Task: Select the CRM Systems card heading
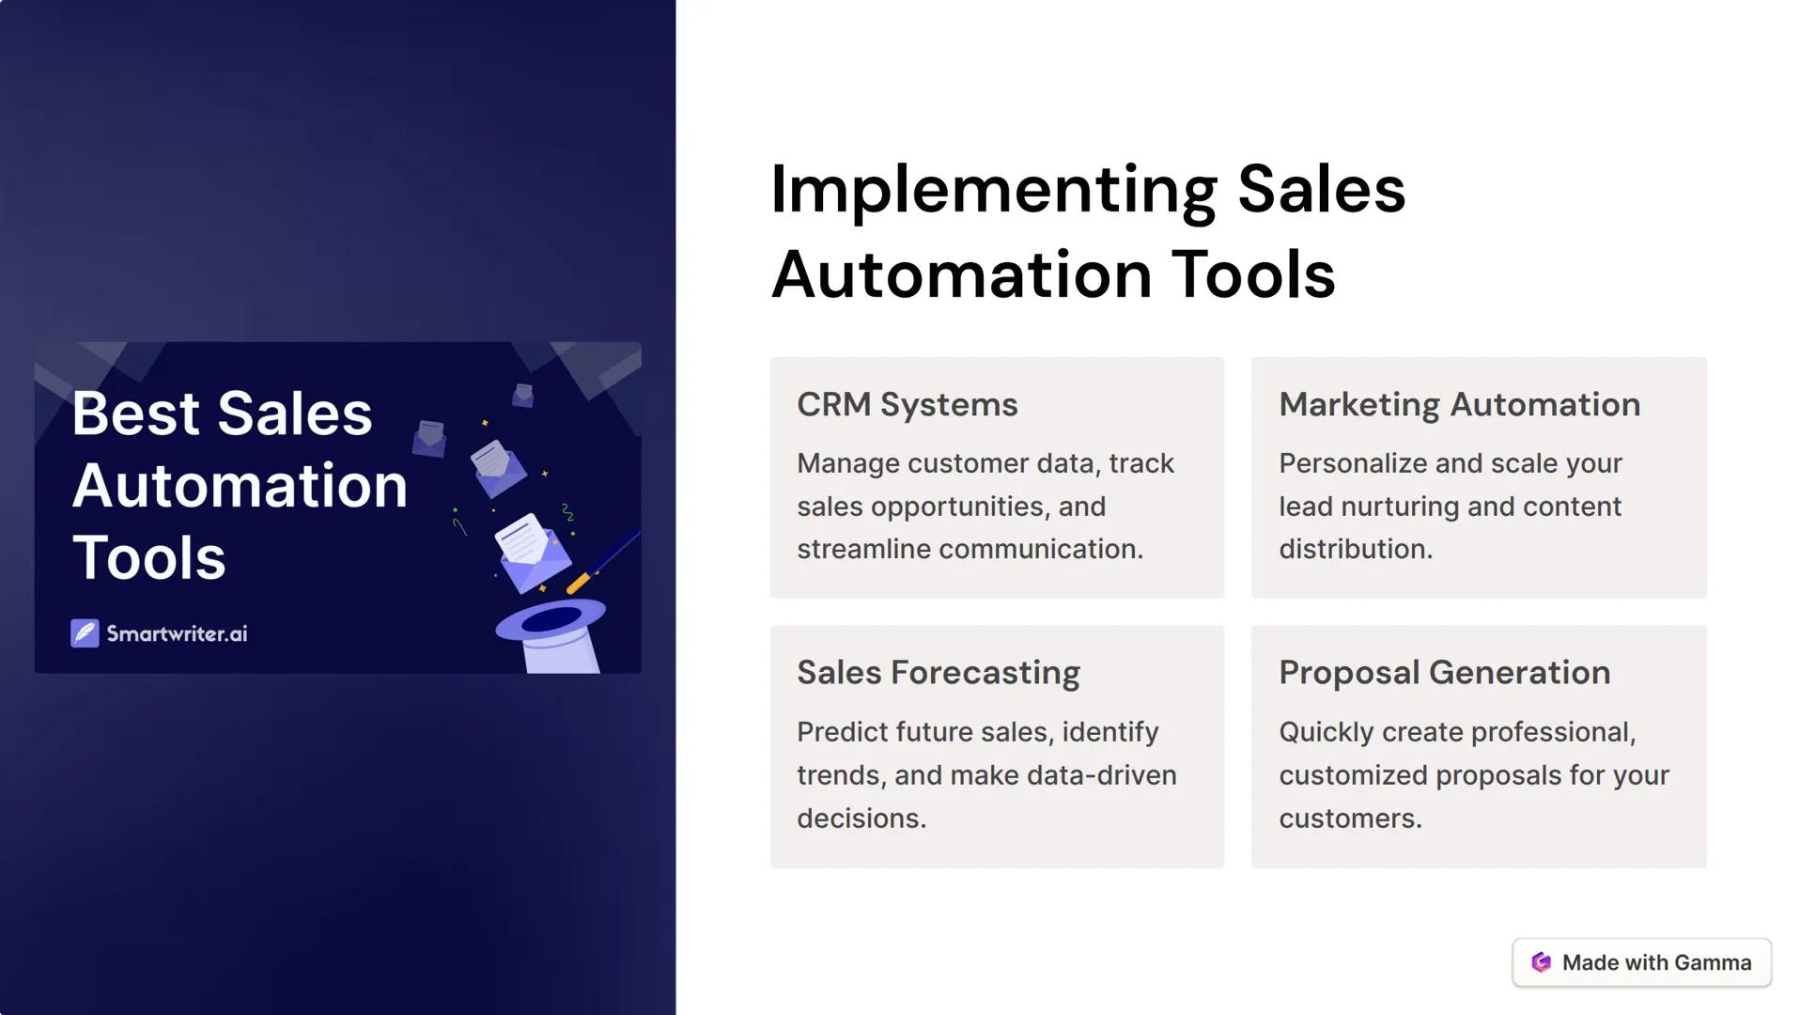907,404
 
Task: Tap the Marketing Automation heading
1459,404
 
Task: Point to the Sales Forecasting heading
939,673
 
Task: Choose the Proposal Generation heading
1444,673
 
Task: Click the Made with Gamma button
1641,962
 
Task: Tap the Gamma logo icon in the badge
1541,962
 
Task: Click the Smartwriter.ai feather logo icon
85,633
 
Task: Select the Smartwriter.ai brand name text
177,633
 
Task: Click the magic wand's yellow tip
578,583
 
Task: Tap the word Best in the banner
136,414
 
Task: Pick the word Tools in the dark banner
148,558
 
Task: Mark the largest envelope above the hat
532,553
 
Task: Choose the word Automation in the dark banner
240,486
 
